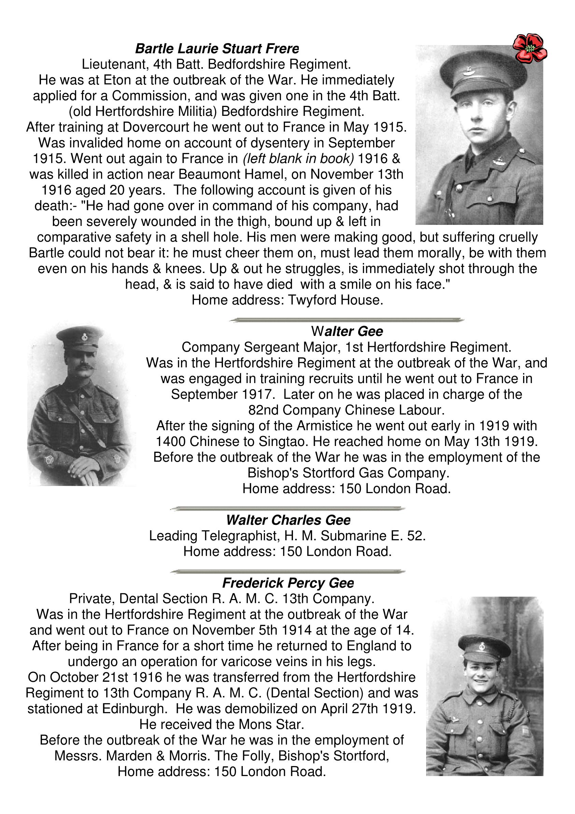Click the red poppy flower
tap(530, 48)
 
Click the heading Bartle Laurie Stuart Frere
tap(217, 49)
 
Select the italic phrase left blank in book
tap(298, 159)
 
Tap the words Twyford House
tap(335, 300)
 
